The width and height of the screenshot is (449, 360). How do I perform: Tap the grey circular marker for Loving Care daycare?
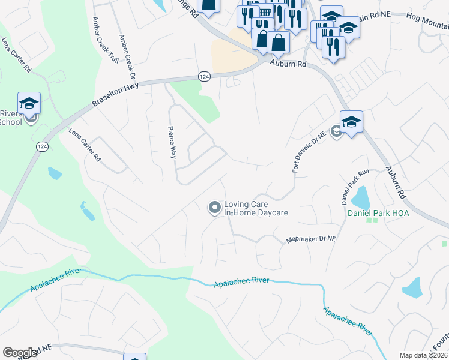(214, 208)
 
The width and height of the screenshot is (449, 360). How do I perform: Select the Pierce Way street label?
(172, 142)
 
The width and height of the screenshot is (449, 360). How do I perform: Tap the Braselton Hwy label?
(115, 95)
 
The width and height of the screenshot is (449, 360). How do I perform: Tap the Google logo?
(20, 353)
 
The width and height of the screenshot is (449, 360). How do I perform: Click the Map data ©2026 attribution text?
(423, 355)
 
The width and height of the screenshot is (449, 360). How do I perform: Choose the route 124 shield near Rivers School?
(42, 146)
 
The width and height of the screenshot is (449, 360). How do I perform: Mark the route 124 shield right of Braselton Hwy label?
(204, 76)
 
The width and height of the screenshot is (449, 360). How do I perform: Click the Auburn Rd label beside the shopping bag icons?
(288, 62)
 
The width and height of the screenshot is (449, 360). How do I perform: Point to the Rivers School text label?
(10, 118)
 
